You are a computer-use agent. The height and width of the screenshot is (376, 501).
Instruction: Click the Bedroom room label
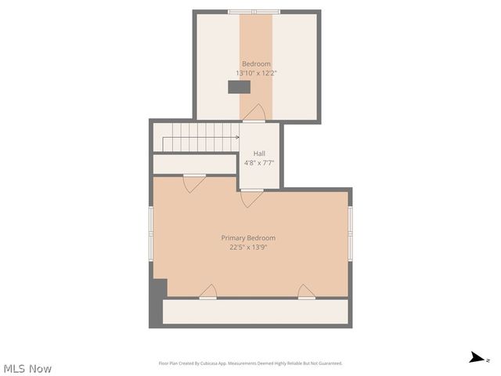[x=256, y=63]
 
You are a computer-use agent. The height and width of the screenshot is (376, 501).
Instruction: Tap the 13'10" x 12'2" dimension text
[x=256, y=73]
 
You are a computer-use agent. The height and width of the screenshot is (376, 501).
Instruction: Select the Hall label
[x=258, y=154]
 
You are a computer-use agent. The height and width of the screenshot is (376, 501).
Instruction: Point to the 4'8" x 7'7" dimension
[x=258, y=163]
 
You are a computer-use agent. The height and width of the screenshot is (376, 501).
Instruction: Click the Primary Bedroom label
[x=248, y=238]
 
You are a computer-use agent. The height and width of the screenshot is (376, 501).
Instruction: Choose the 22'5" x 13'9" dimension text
[x=248, y=248]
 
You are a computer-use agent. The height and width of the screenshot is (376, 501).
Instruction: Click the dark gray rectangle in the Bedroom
[x=239, y=87]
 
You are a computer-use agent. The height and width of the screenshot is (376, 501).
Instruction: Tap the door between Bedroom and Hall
[x=254, y=114]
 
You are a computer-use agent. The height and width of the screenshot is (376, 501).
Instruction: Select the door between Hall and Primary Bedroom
[x=251, y=197]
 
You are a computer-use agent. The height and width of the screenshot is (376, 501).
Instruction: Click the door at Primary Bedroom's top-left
[x=194, y=183]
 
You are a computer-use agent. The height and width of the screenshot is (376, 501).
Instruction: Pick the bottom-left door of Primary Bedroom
[x=208, y=292]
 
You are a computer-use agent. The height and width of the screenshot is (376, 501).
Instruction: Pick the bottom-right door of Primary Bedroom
[x=307, y=292]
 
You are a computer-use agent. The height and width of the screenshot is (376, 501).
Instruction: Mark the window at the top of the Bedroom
[x=254, y=12]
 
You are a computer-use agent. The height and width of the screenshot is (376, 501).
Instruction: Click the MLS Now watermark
[x=27, y=368]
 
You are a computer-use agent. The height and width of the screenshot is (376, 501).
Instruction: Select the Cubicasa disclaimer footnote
[x=250, y=363]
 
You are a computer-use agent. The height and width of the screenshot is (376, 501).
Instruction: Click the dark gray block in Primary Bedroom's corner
[x=158, y=288]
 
